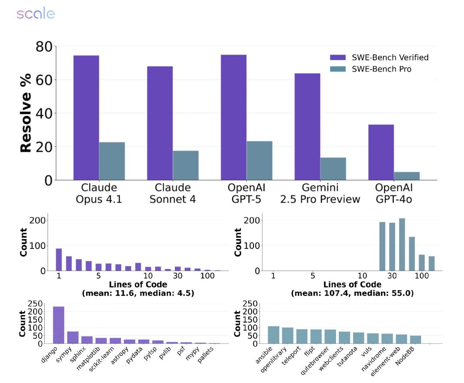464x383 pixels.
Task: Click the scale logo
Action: point(36,14)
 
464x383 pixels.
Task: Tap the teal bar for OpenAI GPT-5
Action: point(259,160)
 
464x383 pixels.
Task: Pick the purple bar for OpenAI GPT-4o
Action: point(381,152)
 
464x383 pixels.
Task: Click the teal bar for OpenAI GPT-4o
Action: point(406,176)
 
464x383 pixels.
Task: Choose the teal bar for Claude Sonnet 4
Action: point(186,165)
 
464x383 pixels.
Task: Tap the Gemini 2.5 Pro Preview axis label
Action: point(320,193)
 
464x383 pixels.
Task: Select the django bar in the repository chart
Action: point(58,325)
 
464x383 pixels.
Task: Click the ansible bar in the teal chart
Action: point(273,335)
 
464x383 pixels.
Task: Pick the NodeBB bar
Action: point(415,340)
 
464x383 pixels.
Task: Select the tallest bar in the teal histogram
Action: point(402,245)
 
